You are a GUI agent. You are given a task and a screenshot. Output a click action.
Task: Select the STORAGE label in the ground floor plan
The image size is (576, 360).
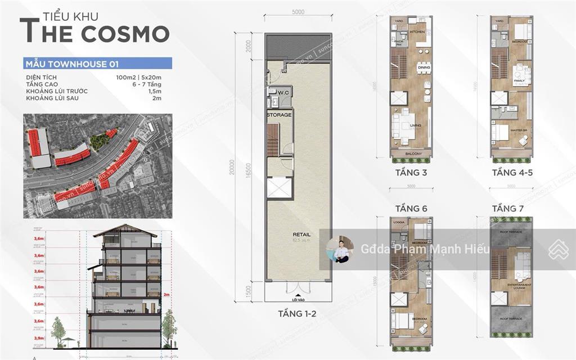point(279,115)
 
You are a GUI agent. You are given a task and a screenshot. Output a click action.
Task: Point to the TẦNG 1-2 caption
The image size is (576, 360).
point(298,314)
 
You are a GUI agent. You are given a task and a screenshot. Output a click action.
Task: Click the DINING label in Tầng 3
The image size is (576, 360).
point(424,68)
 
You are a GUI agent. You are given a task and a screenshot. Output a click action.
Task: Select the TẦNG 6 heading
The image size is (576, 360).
point(412,209)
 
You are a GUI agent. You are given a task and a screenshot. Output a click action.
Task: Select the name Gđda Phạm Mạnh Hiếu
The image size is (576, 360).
point(425,250)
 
